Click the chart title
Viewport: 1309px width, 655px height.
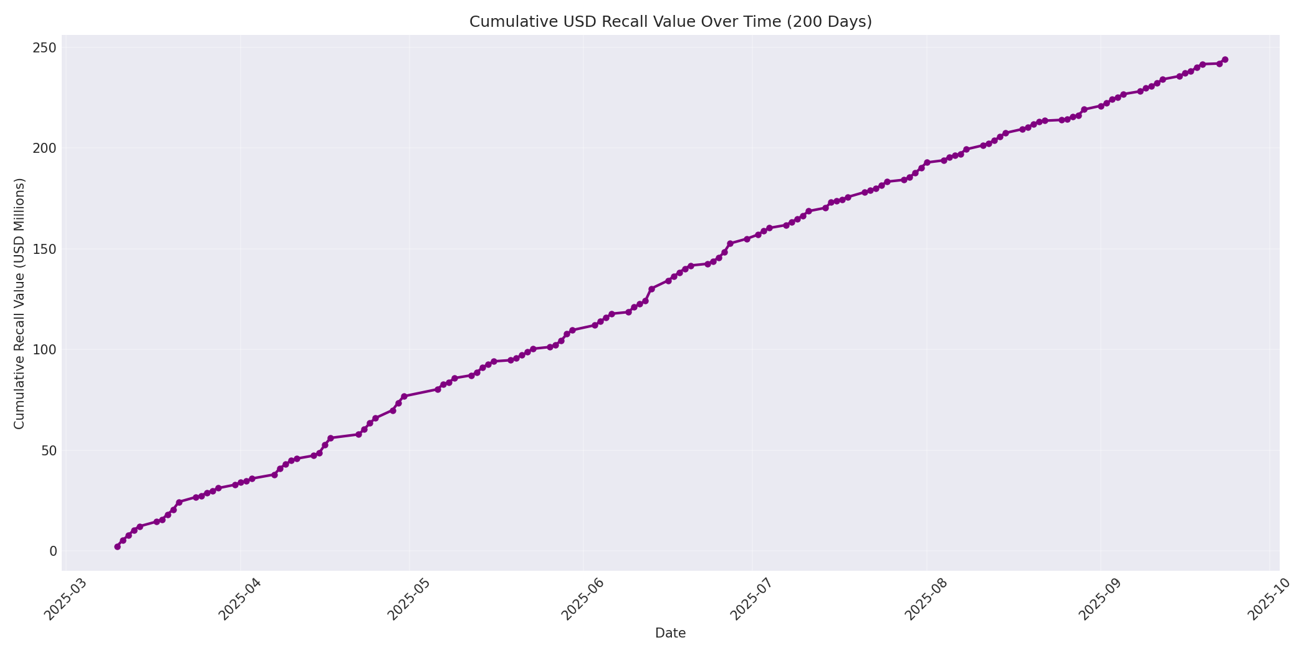coord(670,22)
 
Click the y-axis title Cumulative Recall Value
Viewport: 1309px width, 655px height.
coord(19,303)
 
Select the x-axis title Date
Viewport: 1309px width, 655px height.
coord(670,633)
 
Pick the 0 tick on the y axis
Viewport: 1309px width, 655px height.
coord(53,551)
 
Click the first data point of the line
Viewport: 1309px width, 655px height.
coord(117,546)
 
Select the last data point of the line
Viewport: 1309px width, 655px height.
coord(1225,60)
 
